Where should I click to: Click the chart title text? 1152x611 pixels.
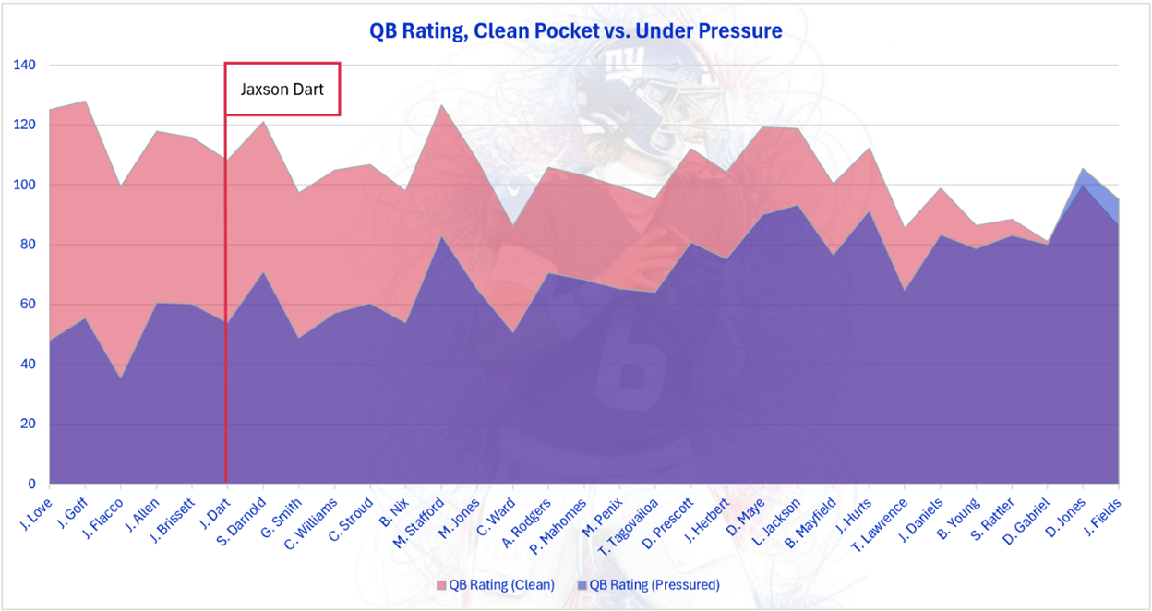click(x=575, y=31)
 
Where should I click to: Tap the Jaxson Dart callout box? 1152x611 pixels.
click(x=282, y=90)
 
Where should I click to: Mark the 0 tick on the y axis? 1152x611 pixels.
click(x=33, y=484)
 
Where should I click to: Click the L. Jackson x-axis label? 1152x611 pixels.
click(x=774, y=521)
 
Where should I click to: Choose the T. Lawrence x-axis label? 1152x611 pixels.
click(x=879, y=525)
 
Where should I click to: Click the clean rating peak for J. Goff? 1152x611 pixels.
click(x=85, y=102)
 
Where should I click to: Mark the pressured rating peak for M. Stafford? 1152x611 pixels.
click(x=442, y=237)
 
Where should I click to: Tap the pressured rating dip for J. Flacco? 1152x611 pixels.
click(x=121, y=378)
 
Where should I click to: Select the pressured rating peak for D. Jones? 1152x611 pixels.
click(x=1083, y=186)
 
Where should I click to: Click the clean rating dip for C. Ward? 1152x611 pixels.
click(x=513, y=226)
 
